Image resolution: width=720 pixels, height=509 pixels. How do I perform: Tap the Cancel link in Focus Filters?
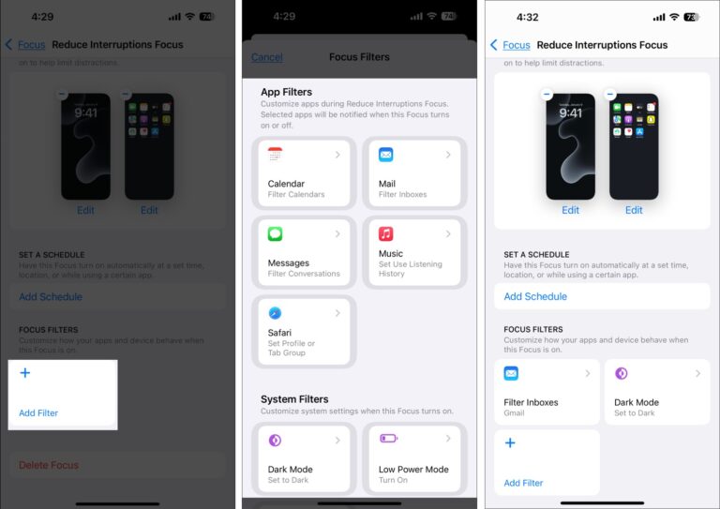coord(266,57)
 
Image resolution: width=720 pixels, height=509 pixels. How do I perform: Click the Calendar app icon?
coord(275,155)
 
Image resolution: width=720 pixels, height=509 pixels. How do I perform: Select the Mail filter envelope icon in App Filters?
coord(385,155)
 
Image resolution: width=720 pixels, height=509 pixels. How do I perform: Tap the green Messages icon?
coord(275,234)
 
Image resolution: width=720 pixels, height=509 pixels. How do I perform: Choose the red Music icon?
coord(385,234)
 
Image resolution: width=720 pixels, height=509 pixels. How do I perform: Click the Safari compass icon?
coord(275,313)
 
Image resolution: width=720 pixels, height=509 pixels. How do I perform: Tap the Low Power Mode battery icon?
coord(388,440)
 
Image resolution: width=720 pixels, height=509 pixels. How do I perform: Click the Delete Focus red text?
coord(49,465)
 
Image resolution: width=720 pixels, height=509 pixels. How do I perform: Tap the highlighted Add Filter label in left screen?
coord(38,412)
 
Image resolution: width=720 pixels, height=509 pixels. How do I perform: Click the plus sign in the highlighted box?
coord(25,373)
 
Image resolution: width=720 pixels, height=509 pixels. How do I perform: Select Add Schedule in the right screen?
coord(535,296)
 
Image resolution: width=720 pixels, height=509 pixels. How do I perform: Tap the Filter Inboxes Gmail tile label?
coord(531,402)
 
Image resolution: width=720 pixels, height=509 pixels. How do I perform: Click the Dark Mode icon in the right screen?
coord(621,373)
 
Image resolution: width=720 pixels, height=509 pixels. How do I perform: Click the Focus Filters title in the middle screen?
coord(359,57)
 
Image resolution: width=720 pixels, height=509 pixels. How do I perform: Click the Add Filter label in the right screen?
coord(523,483)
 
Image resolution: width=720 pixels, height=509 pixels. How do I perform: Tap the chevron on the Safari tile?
coord(337,313)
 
